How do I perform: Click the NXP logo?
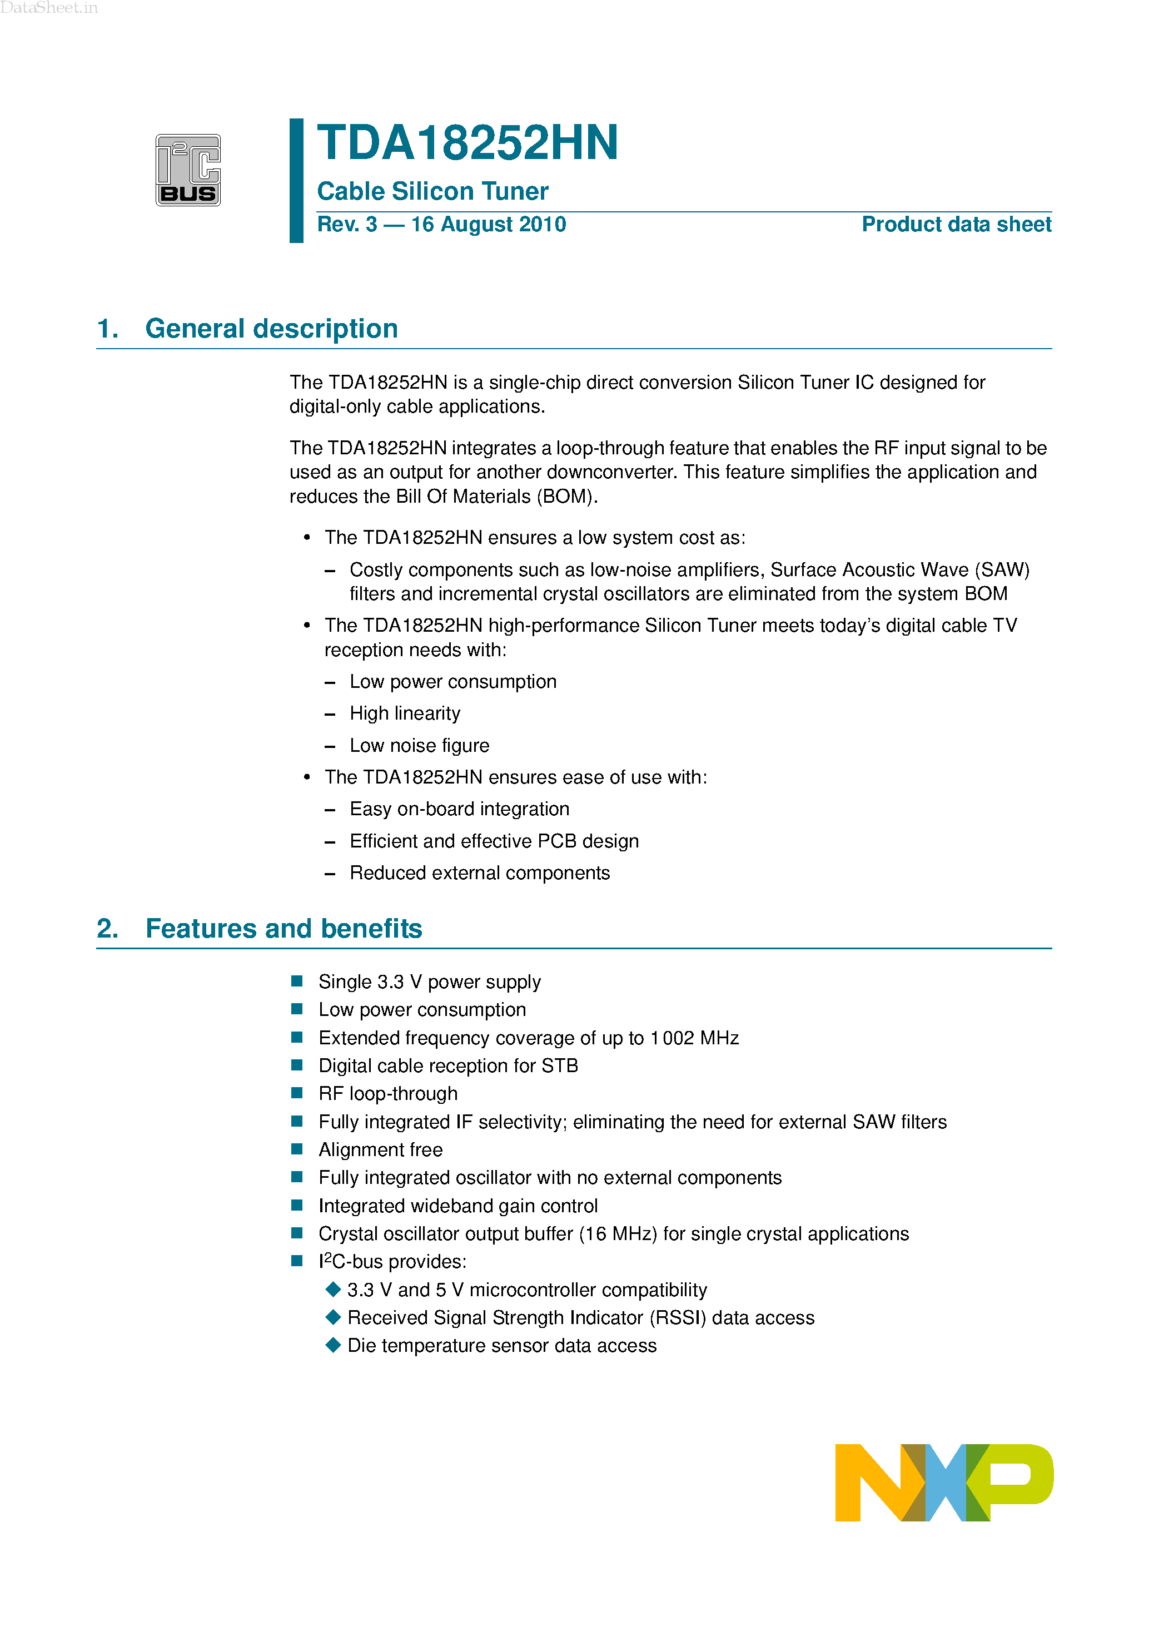pos(944,1482)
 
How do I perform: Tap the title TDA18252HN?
pos(467,143)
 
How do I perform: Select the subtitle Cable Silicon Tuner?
pos(432,191)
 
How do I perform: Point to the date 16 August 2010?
pos(489,225)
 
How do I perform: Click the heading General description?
pos(271,329)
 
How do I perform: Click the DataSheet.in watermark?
pos(49,8)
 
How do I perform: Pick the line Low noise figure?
pos(419,745)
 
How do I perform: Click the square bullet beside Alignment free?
pos(297,1149)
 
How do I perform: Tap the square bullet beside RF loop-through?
pos(297,1093)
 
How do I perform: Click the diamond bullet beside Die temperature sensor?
pos(333,1345)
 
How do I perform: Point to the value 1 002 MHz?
pos(694,1038)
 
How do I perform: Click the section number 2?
pos(107,929)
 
